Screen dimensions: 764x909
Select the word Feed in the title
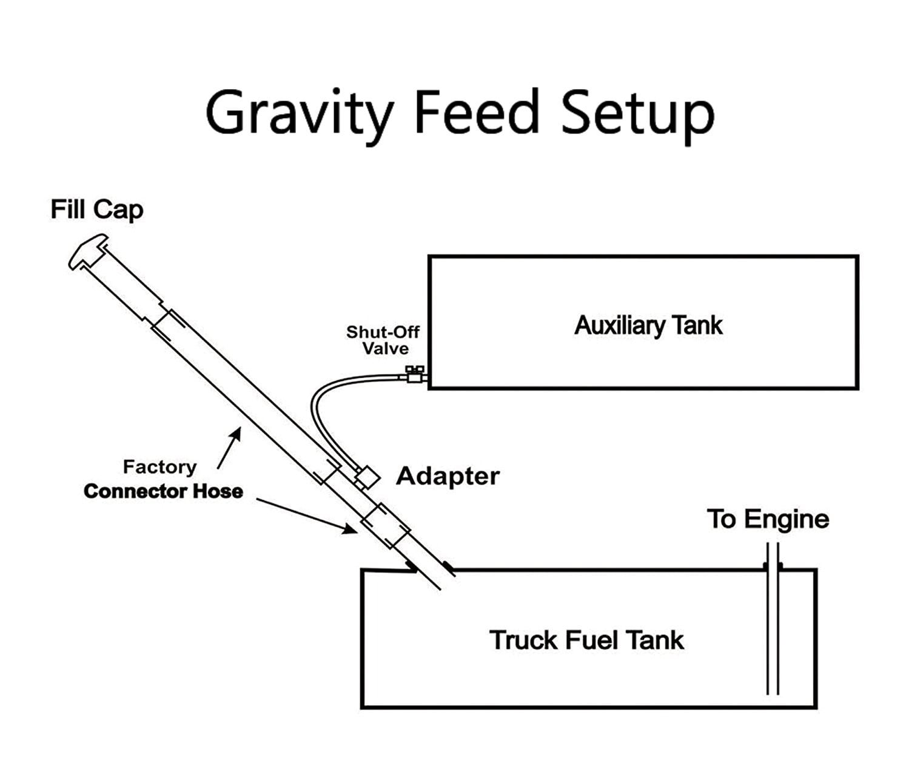pos(477,113)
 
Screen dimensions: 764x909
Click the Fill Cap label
pos(97,210)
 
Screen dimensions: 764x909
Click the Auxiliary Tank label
pos(648,325)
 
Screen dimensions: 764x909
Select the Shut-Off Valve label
pos(383,340)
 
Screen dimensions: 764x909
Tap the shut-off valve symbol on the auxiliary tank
pos(415,376)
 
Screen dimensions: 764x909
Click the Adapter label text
pos(448,476)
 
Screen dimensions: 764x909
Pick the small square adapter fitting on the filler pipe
pos(367,477)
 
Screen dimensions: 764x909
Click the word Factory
pos(159,467)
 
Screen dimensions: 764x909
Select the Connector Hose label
pos(163,491)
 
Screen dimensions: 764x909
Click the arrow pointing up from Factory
pos(229,448)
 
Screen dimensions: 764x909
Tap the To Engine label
pos(768,519)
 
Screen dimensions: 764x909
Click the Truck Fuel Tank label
pos(586,640)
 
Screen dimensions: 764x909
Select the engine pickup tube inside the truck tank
pos(773,630)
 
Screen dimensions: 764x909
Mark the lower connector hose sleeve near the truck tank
pos(386,525)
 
